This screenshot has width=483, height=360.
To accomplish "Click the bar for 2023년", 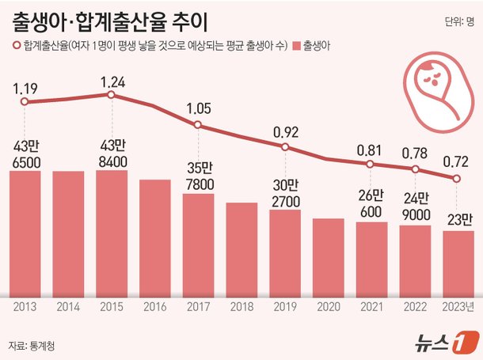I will point(458,261).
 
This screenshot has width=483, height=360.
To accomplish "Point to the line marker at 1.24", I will point(112,95).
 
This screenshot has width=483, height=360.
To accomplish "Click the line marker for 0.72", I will point(457,179).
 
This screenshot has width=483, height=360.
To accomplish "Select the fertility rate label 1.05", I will point(198,108).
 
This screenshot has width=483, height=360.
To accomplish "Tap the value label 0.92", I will point(284,131).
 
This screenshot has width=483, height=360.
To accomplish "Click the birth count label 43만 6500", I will point(25,153).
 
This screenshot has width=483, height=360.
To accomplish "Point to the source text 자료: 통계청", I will point(33,345).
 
